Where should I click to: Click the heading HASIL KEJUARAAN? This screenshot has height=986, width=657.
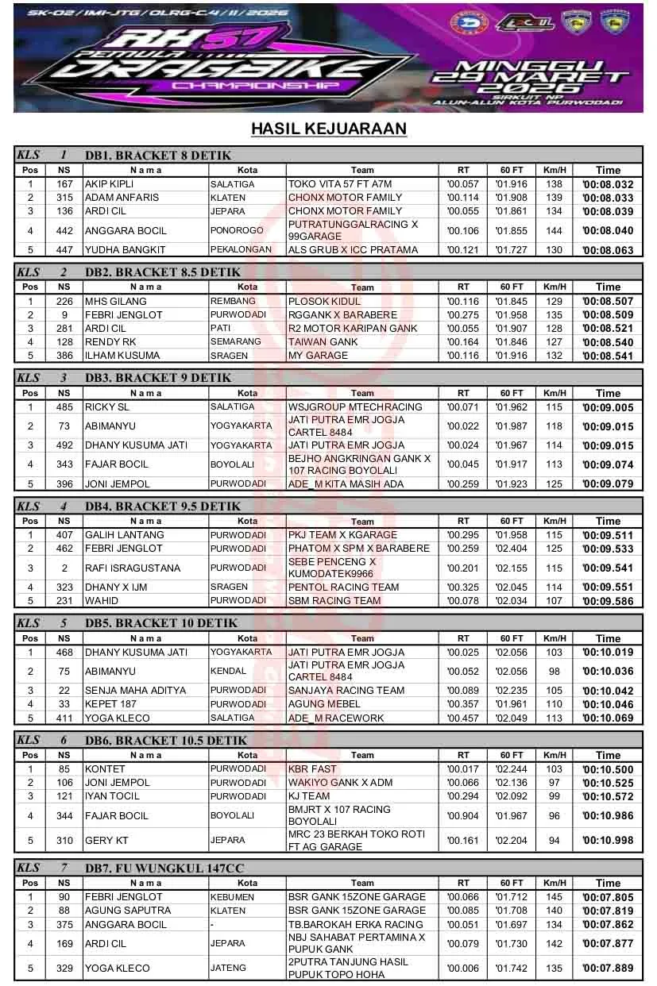[328, 129]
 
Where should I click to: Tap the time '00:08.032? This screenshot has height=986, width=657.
[608, 184]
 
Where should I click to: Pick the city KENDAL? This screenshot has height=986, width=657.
[228, 672]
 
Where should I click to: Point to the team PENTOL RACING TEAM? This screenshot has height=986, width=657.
[343, 587]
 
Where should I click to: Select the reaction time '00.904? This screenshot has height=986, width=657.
[463, 816]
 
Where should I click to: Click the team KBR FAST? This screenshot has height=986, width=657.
[313, 769]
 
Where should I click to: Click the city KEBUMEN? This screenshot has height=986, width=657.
[233, 897]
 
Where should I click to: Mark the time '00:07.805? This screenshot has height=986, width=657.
[608, 897]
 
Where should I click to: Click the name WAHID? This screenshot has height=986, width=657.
[102, 601]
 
